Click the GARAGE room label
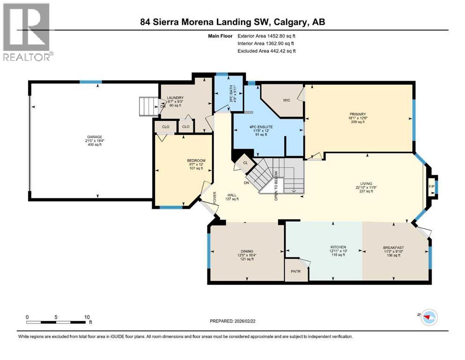click(92, 137)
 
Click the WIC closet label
click(287, 99)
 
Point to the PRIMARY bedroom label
click(357, 113)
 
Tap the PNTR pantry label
click(295, 271)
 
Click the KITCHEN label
click(338, 247)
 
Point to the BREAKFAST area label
click(393, 248)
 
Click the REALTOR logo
click(28, 32)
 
